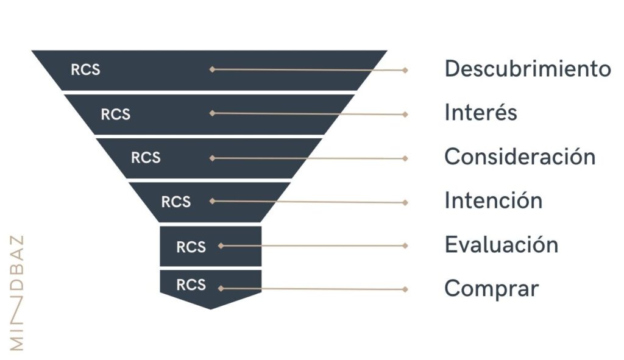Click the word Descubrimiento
528,69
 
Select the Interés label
481,112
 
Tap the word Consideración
520,157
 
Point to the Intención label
494,200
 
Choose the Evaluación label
502,244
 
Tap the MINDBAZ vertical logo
16,293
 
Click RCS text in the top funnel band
85,69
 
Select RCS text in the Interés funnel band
115,115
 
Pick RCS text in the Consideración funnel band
146,158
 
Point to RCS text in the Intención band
176,202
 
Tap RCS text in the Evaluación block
191,247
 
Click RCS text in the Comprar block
191,285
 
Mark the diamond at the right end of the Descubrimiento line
405,70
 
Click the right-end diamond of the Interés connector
405,115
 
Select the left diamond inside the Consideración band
212,158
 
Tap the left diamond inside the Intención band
212,201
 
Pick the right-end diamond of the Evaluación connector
405,246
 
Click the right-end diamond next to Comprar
405,289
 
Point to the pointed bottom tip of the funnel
210,309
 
